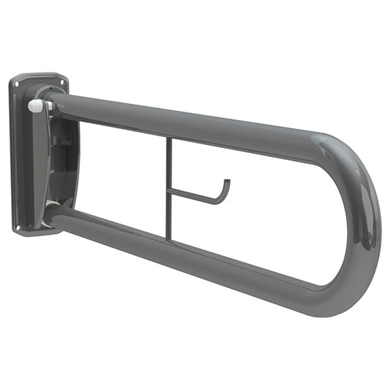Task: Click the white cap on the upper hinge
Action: pos(36,105)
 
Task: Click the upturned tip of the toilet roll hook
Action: pos(226,185)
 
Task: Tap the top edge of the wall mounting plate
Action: pos(39,75)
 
